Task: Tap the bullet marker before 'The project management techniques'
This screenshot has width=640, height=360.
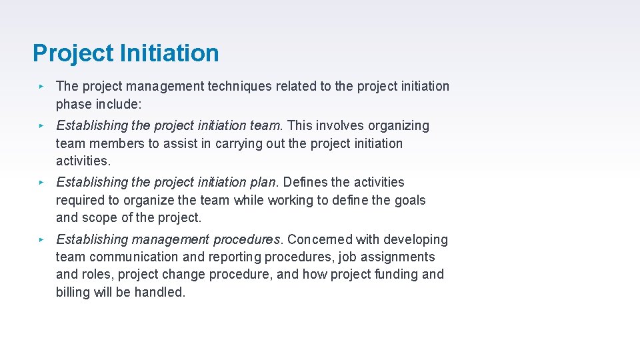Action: tap(41, 87)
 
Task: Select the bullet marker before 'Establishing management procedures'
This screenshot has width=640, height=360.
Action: tap(41, 240)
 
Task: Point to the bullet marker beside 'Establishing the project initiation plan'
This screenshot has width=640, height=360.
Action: tap(41, 183)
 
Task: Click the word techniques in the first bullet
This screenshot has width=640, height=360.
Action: tap(239, 86)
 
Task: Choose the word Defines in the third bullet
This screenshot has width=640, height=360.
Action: tap(306, 182)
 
